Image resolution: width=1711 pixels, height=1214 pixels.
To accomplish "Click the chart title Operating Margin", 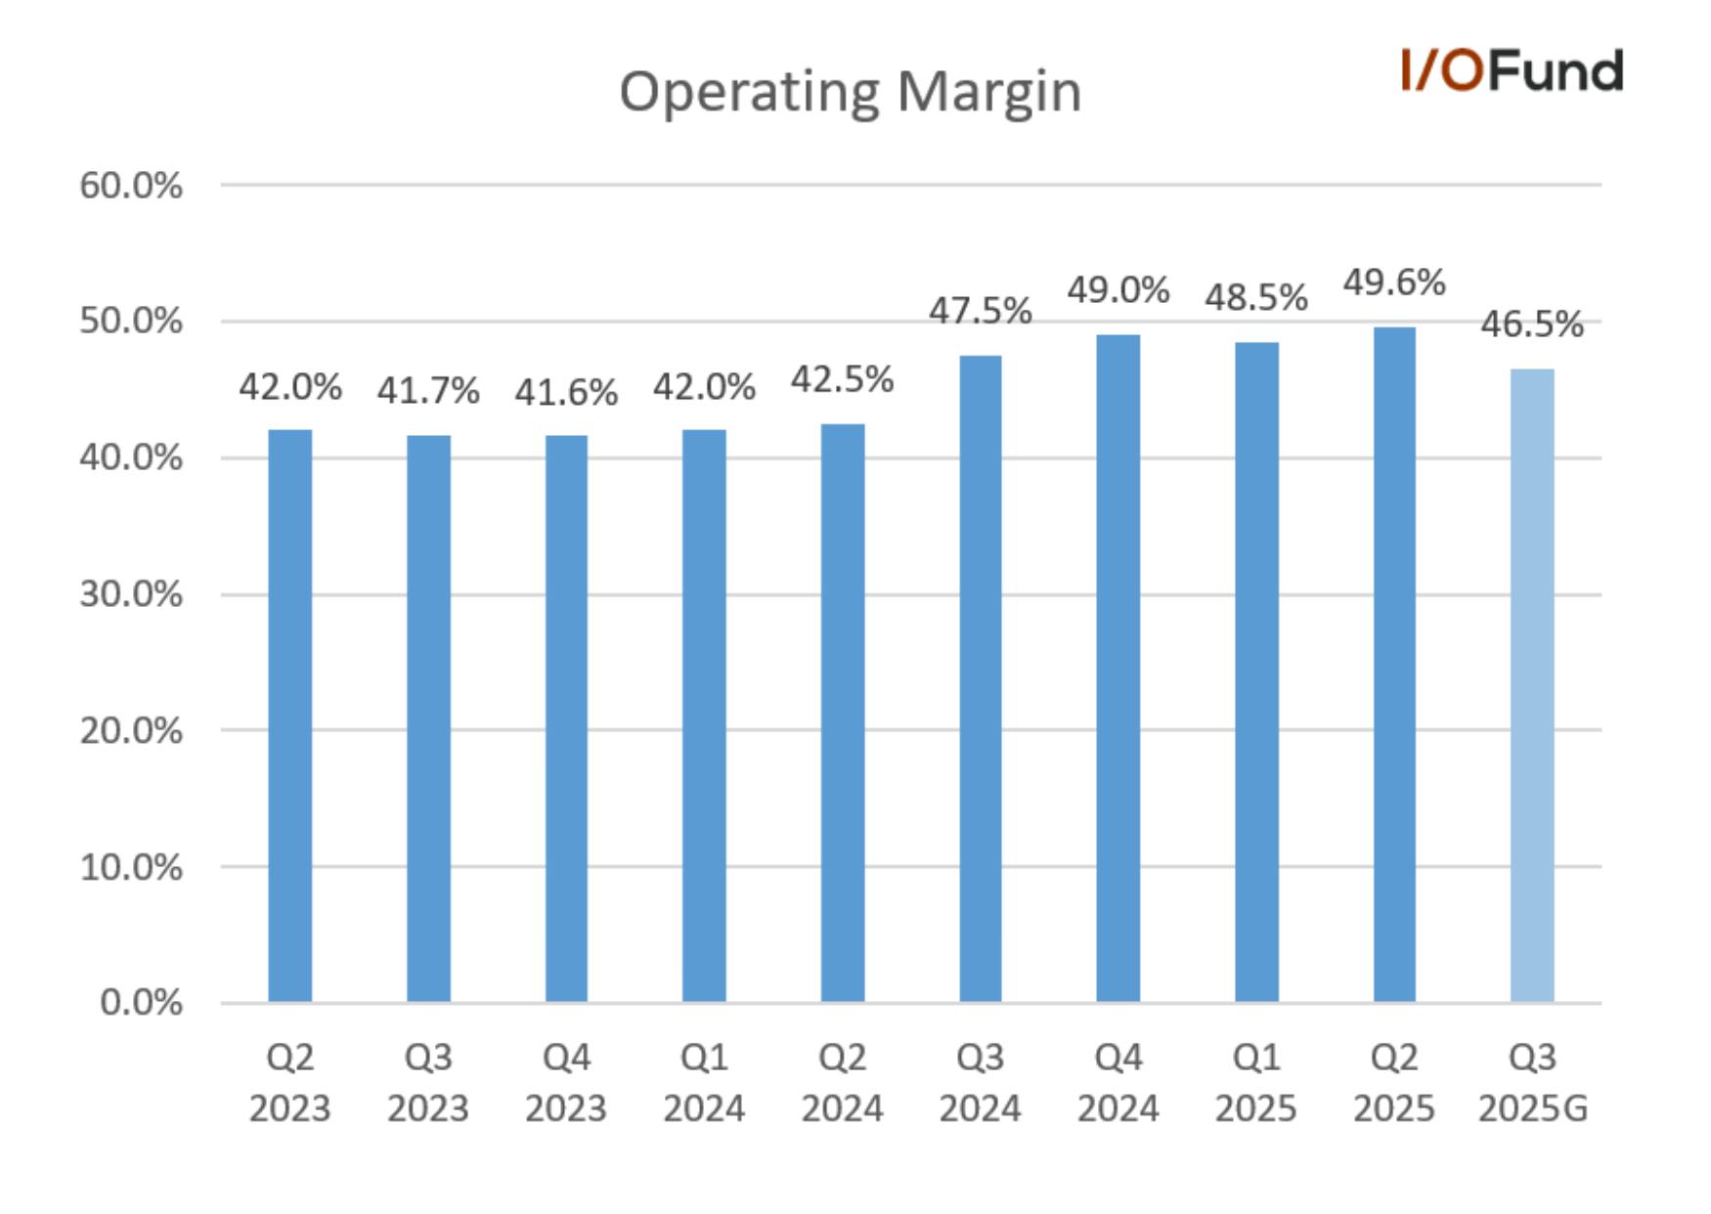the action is (x=851, y=93).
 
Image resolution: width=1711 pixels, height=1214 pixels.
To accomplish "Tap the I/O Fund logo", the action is (x=1512, y=70).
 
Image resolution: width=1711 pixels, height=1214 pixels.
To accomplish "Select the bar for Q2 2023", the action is (x=290, y=715).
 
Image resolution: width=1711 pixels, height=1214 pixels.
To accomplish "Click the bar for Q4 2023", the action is (x=566, y=718).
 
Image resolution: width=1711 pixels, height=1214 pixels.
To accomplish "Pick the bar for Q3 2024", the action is (x=981, y=678).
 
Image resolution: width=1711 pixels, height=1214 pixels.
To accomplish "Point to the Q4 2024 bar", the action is (x=1119, y=669).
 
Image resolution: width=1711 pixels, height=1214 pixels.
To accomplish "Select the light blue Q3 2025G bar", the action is (x=1532, y=685).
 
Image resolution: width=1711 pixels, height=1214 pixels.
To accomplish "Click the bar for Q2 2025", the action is (x=1394, y=665).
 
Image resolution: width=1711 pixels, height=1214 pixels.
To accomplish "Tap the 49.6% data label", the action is (x=1394, y=282).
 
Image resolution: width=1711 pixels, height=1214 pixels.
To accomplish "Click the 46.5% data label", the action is (x=1532, y=324).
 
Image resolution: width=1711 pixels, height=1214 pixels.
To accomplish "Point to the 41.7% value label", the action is (x=428, y=391).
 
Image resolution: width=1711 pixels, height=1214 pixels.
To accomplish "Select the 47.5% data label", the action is (x=981, y=311).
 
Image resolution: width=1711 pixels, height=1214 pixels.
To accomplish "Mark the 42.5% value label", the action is (x=842, y=379).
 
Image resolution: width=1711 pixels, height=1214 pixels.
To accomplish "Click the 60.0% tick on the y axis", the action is (x=131, y=185).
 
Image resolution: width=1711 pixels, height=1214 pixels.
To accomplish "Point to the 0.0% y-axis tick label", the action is (x=141, y=1002).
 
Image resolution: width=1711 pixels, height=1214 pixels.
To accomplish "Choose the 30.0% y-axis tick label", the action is (x=131, y=593).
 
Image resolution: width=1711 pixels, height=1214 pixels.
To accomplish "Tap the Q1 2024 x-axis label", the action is (x=704, y=1082).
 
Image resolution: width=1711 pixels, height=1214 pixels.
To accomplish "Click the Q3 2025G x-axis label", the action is (x=1532, y=1082).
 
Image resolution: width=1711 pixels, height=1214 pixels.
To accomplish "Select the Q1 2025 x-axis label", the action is (x=1256, y=1082).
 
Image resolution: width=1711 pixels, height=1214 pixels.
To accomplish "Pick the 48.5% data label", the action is (x=1256, y=297).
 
